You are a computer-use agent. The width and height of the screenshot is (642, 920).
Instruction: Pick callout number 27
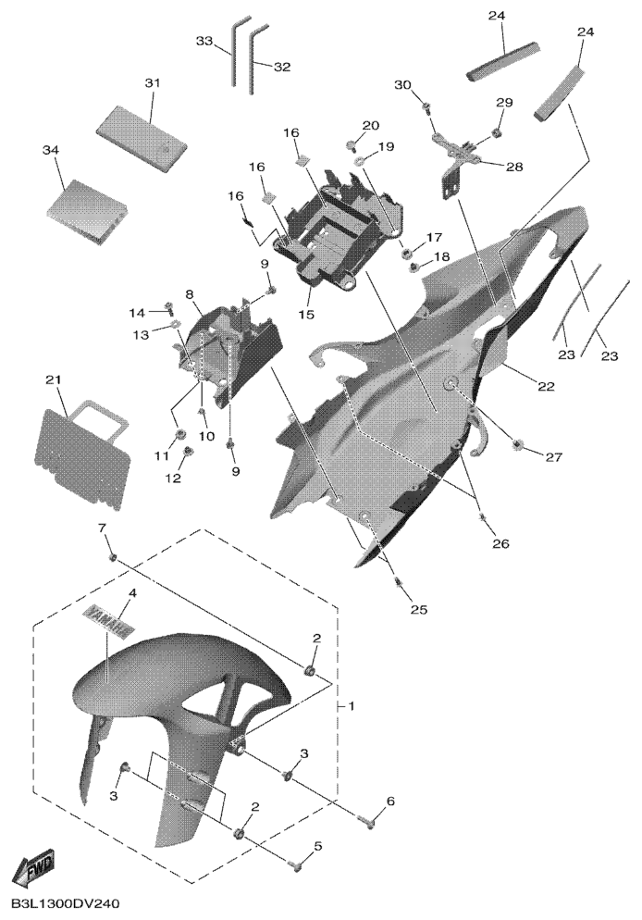[554, 456]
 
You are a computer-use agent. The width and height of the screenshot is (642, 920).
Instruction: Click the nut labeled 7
[113, 558]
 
